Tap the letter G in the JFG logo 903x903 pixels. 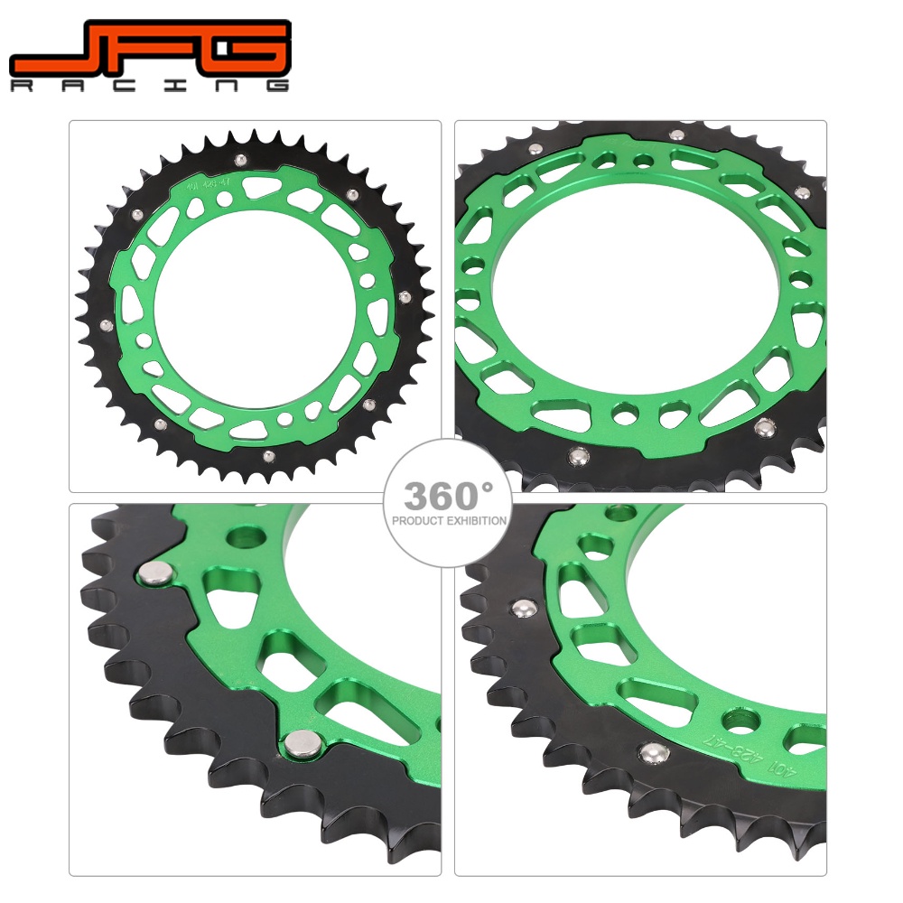pos(240,50)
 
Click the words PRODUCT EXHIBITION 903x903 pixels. pos(449,521)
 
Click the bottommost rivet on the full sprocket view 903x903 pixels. pos(268,455)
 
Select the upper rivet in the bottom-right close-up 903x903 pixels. pos(521,609)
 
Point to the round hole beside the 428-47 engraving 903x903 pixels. pos(741,720)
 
